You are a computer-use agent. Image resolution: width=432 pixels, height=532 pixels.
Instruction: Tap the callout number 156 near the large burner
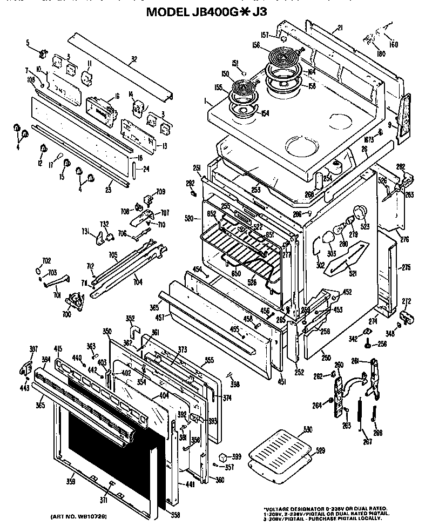256,46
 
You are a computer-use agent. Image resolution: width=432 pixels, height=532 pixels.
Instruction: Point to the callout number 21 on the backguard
340,28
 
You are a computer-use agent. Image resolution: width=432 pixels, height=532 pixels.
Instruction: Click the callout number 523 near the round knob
366,227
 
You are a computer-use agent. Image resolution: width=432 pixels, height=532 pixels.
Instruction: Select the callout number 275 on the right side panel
407,267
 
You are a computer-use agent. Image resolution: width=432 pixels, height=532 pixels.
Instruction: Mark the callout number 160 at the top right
394,44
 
